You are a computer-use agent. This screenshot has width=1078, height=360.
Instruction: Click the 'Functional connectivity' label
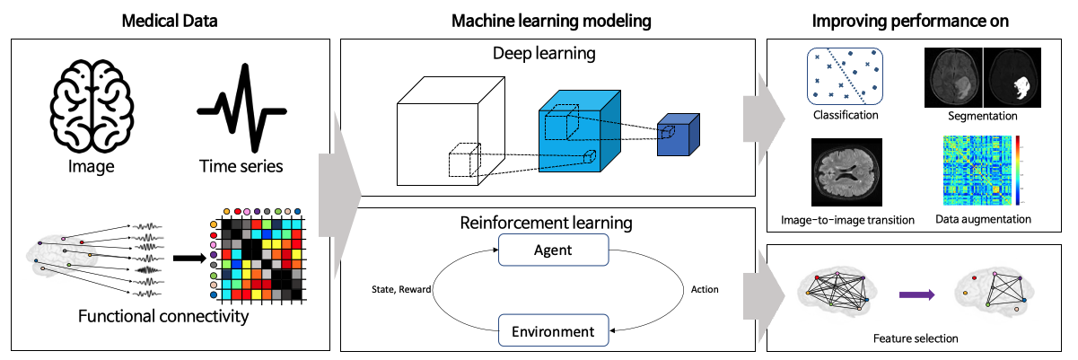click(162, 316)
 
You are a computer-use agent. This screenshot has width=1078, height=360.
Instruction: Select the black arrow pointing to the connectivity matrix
click(187, 259)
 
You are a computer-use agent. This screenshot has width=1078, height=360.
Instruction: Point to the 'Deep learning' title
click(545, 55)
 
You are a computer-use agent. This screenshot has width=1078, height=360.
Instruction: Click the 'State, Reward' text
click(399, 290)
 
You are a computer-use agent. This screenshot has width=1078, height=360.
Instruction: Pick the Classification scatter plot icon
click(845, 78)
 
